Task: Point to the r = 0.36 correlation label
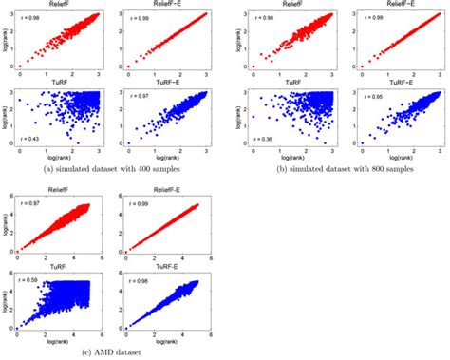click(257, 140)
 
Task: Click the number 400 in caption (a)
click(153, 166)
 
